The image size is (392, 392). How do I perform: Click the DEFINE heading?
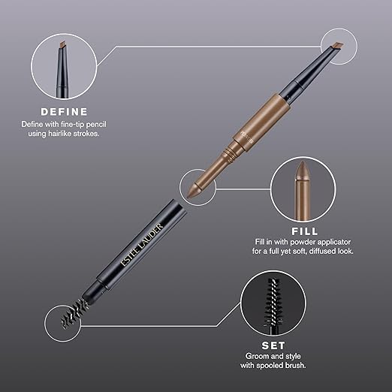click(64, 112)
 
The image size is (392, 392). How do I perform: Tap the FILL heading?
click(305, 231)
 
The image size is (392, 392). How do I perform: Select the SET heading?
click(273, 345)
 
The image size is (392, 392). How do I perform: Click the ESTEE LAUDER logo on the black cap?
click(142, 245)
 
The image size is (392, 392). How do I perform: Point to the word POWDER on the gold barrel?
click(247, 137)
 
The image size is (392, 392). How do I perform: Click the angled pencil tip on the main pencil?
click(337, 46)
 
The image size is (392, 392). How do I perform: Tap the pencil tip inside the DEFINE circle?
click(63, 45)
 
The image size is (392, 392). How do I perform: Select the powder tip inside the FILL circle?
click(303, 170)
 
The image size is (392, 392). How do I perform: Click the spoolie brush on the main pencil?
click(74, 313)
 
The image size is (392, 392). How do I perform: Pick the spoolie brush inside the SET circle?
click(273, 301)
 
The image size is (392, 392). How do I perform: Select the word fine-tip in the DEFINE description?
click(72, 125)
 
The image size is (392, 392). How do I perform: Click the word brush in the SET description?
click(297, 366)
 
